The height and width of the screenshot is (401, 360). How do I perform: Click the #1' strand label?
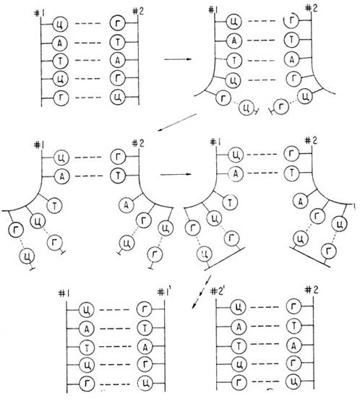point(164,293)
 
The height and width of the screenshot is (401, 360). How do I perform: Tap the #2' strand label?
point(217,292)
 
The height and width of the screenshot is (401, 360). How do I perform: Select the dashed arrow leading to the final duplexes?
point(201,293)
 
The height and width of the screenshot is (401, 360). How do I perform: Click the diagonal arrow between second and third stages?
point(177,123)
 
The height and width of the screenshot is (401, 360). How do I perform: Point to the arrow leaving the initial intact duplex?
point(178,59)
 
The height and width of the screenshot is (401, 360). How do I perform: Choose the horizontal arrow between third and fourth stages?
point(176,174)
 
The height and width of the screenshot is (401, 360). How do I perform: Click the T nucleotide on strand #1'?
point(145,328)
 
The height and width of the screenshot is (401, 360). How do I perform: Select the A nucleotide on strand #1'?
point(145,347)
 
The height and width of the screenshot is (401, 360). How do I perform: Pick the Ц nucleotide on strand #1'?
point(145,383)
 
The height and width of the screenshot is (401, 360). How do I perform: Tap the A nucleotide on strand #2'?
point(239,327)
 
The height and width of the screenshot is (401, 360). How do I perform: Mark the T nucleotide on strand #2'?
point(239,346)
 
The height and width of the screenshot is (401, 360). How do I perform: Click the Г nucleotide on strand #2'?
point(239,383)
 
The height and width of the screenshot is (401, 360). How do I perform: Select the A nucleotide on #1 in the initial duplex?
point(60,43)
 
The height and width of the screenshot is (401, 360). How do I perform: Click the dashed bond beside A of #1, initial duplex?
point(87,43)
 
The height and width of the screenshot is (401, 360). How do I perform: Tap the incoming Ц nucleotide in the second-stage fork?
point(246,108)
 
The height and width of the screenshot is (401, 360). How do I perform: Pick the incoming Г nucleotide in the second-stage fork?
point(281,107)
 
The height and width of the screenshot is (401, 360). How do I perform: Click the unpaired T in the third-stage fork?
point(55,205)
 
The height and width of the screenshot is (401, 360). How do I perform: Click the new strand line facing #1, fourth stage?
point(225,258)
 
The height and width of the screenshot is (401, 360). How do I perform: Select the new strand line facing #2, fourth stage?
point(310,256)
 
